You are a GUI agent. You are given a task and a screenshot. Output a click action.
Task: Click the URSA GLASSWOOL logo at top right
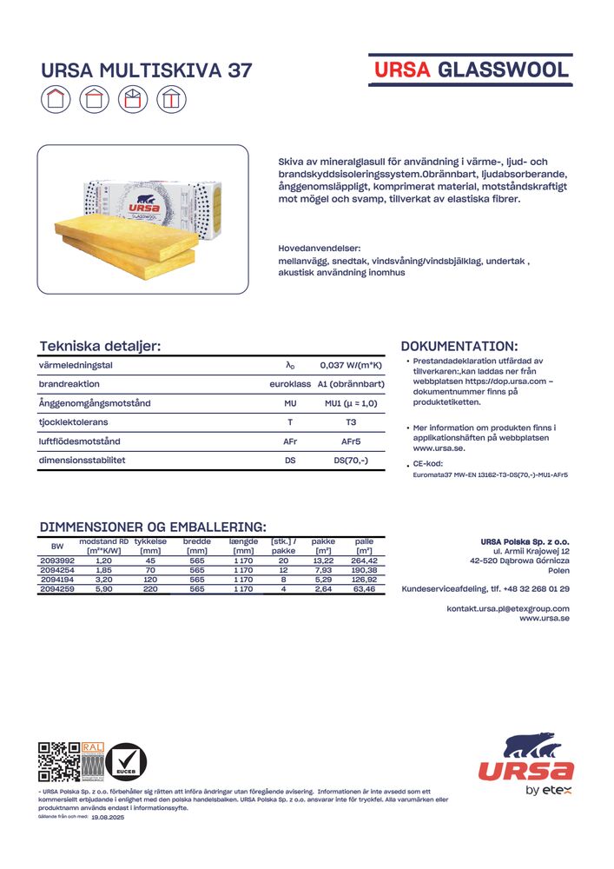click(x=471, y=70)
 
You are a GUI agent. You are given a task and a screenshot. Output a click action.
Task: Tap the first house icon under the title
click(x=56, y=99)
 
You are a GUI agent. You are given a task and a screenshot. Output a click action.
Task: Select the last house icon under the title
click(x=171, y=99)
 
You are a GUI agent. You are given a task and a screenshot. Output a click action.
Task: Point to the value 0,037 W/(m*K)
click(x=351, y=366)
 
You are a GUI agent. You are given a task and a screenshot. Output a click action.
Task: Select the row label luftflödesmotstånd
click(x=79, y=441)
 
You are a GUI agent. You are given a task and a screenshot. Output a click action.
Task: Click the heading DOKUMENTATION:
click(x=459, y=346)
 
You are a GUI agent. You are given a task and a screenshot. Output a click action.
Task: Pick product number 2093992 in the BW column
click(x=57, y=561)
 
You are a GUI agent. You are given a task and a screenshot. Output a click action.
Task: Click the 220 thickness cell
click(x=150, y=589)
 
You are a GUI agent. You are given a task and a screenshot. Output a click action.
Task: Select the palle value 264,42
click(x=364, y=561)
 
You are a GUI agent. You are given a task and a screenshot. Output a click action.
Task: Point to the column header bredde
click(x=197, y=541)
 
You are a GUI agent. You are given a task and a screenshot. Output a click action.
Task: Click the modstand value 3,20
click(x=103, y=580)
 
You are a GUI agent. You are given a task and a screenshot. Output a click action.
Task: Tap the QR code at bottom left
click(x=58, y=762)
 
